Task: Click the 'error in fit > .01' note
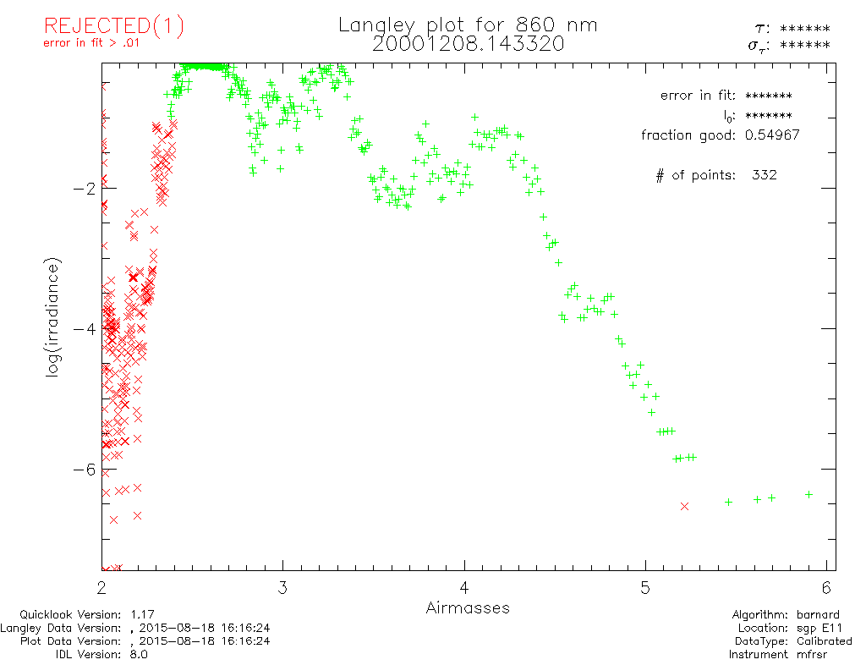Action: (90, 44)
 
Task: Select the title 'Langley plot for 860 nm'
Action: (468, 25)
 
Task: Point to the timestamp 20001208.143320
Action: (468, 44)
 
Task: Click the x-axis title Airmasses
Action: (468, 607)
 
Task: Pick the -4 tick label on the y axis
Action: (83, 328)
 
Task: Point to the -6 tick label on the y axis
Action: (83, 469)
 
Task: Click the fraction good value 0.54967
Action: (772, 135)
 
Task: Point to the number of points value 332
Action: (764, 175)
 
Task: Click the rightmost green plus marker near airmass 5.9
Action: (808, 494)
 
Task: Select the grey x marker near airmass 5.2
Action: (684, 506)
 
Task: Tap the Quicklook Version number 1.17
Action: (143, 614)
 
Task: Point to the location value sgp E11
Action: (817, 628)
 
